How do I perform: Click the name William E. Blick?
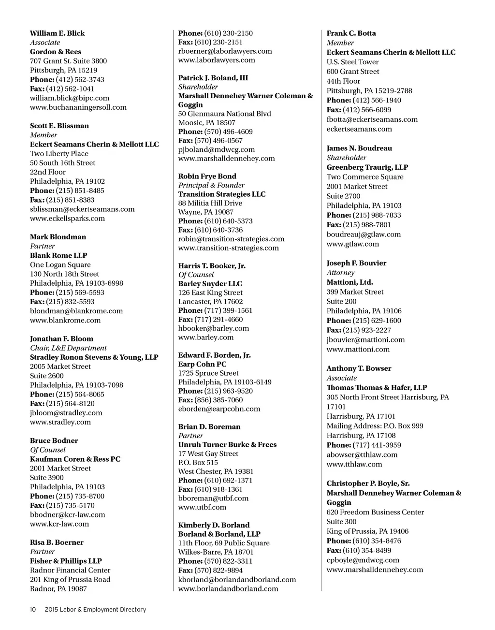57,33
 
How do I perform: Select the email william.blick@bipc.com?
70,98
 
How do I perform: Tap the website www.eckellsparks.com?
67,219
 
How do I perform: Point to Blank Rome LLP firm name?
58,256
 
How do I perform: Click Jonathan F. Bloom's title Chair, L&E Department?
68,348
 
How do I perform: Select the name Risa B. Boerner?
57,542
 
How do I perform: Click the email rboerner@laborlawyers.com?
225,51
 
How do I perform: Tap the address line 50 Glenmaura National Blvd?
224,114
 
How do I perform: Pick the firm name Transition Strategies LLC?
222,194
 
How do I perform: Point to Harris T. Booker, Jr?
212,266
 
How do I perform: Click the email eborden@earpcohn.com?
219,409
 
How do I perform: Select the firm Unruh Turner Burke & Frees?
227,445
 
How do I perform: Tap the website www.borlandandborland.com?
228,589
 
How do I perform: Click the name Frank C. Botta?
351,33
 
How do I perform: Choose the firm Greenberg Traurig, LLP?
367,167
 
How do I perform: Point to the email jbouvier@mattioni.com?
365,340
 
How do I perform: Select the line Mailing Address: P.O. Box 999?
375,426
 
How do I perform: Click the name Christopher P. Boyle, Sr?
368,483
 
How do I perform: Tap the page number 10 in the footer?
33,610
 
